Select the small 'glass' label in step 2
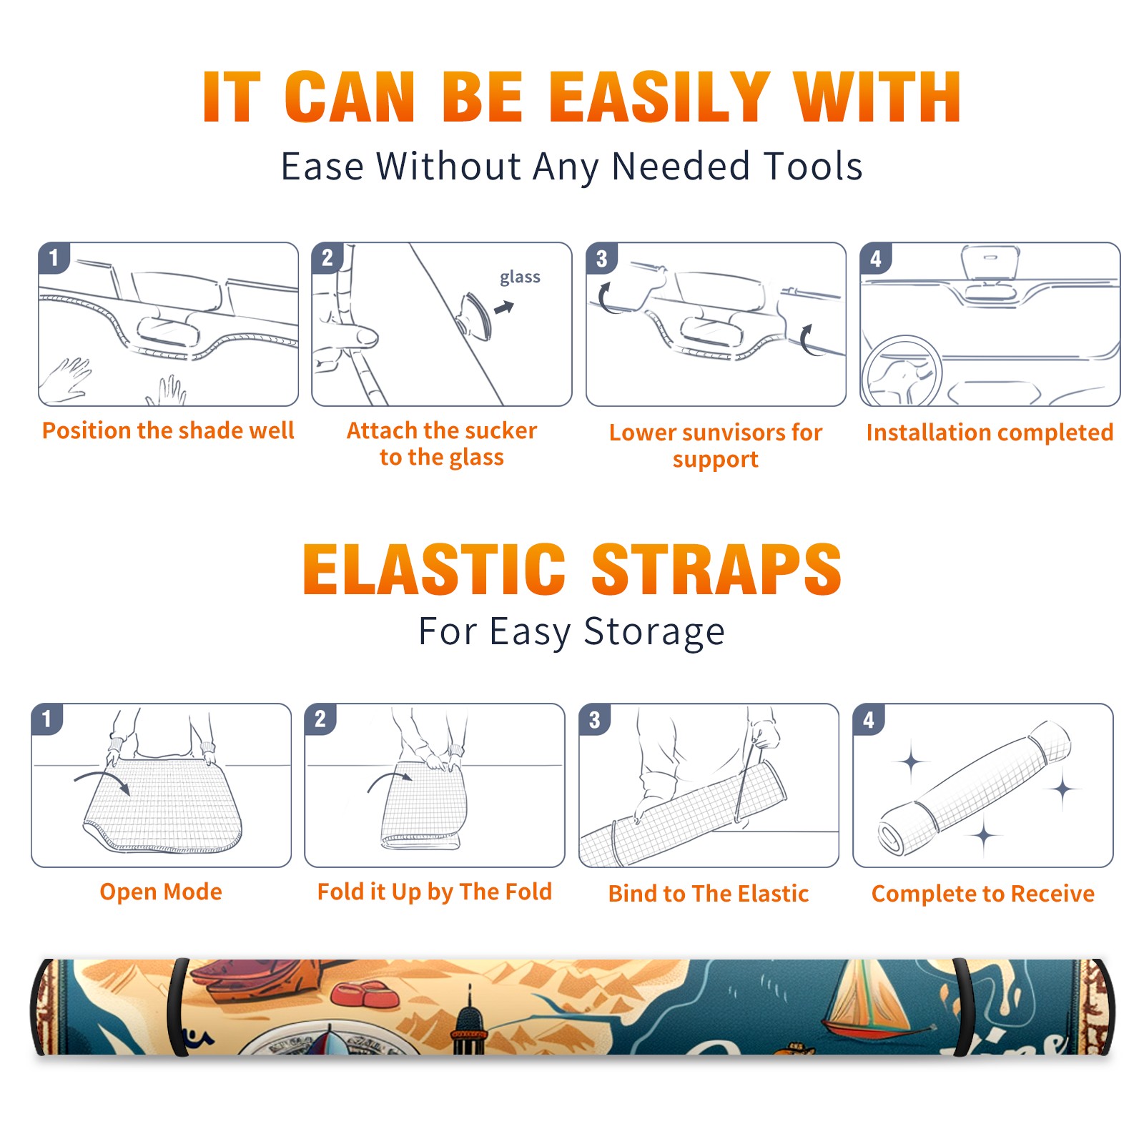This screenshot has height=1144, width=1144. (x=520, y=277)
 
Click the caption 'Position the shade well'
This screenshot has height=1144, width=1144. (x=168, y=430)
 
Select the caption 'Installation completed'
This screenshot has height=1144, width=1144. (x=990, y=433)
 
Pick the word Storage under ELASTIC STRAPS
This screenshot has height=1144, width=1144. (x=654, y=632)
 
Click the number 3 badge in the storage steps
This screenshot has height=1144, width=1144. (x=595, y=719)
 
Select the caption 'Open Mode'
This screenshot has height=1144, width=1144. (x=161, y=892)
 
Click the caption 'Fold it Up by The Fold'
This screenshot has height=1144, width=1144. (x=435, y=892)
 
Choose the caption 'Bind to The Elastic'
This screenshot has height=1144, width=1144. (x=709, y=894)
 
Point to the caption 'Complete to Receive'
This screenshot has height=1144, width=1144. (x=983, y=894)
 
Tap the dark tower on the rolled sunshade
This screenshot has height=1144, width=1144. (x=468, y=1022)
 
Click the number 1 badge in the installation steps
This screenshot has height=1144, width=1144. (x=54, y=258)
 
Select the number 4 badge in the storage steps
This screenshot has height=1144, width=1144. (x=869, y=719)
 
